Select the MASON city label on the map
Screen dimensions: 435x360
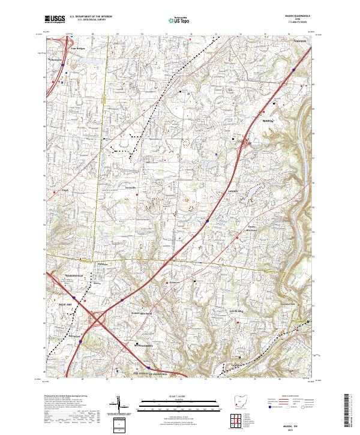(268, 121)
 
